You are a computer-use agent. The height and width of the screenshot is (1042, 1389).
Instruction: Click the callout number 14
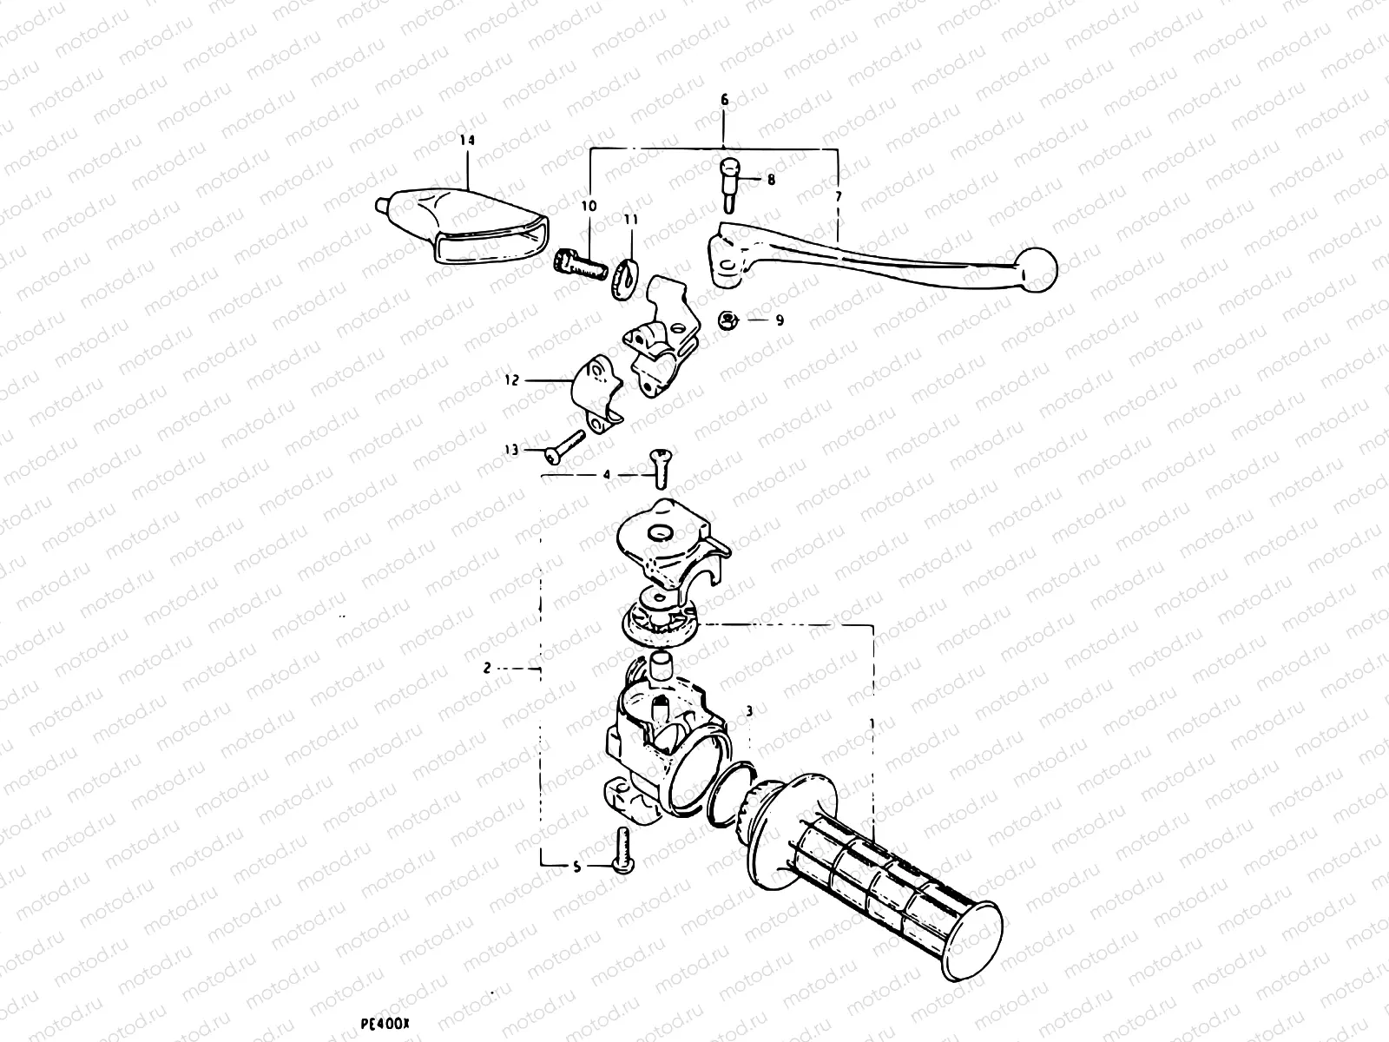point(468,140)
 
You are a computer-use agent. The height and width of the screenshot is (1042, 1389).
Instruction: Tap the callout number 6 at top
point(724,101)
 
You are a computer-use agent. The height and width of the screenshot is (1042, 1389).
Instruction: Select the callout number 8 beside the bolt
point(770,181)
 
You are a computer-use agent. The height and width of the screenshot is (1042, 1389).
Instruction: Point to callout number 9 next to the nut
point(779,320)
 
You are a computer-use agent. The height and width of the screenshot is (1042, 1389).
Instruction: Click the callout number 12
point(510,380)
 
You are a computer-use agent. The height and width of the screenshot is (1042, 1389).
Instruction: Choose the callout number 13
point(510,450)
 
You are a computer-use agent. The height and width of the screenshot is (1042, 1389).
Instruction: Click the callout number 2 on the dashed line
point(488,668)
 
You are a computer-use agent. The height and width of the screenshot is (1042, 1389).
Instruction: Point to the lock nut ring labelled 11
point(626,276)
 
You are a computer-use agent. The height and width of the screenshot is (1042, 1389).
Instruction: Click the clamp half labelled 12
point(602,401)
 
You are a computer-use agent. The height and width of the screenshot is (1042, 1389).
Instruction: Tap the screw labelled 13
point(565,446)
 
